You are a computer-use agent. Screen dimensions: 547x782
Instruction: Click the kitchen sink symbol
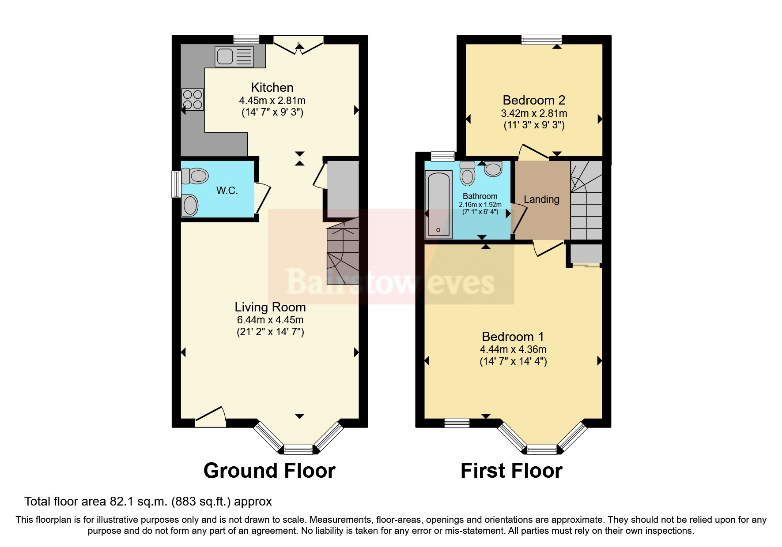point(234,57)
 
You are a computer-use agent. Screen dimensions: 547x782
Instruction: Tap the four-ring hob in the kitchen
point(193,99)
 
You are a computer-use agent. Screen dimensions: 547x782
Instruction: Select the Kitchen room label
point(272,87)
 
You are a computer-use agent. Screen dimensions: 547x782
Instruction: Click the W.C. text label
point(227,191)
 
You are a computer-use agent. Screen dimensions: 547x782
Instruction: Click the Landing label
point(541,199)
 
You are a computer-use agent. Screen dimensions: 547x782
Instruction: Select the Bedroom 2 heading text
point(534,100)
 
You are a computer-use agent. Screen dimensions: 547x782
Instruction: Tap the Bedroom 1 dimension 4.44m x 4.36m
point(513,349)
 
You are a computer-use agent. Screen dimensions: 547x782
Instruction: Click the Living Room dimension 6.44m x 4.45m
point(270,320)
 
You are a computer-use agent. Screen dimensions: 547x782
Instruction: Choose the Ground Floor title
point(269,471)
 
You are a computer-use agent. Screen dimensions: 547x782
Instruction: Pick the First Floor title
point(511,471)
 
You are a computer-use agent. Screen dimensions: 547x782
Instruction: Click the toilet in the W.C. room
point(195,176)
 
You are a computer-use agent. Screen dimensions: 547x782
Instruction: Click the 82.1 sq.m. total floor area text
point(148,502)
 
